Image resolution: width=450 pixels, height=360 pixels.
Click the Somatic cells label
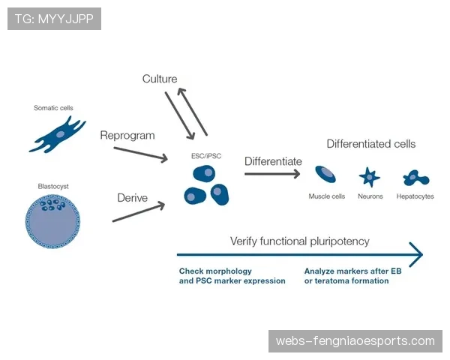53,108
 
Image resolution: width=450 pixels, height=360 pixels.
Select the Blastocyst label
53,185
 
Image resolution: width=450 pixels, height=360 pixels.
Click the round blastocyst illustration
53,221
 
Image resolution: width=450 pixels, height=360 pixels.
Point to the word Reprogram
127,136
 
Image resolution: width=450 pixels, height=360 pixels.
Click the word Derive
132,198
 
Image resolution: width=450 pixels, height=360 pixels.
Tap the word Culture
160,79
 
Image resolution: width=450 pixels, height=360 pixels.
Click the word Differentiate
273,161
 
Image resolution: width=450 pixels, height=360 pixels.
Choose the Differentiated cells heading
370,144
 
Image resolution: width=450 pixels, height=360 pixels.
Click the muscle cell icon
326,175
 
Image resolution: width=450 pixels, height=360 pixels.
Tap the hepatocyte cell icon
415,178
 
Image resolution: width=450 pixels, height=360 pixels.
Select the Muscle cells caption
327,196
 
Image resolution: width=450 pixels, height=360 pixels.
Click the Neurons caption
370,196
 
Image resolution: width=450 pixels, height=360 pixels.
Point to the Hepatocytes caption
415,196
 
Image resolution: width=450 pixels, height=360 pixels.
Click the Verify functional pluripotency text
299,241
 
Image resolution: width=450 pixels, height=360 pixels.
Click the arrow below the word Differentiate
272,174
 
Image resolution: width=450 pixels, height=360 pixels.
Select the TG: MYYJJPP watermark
54,18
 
